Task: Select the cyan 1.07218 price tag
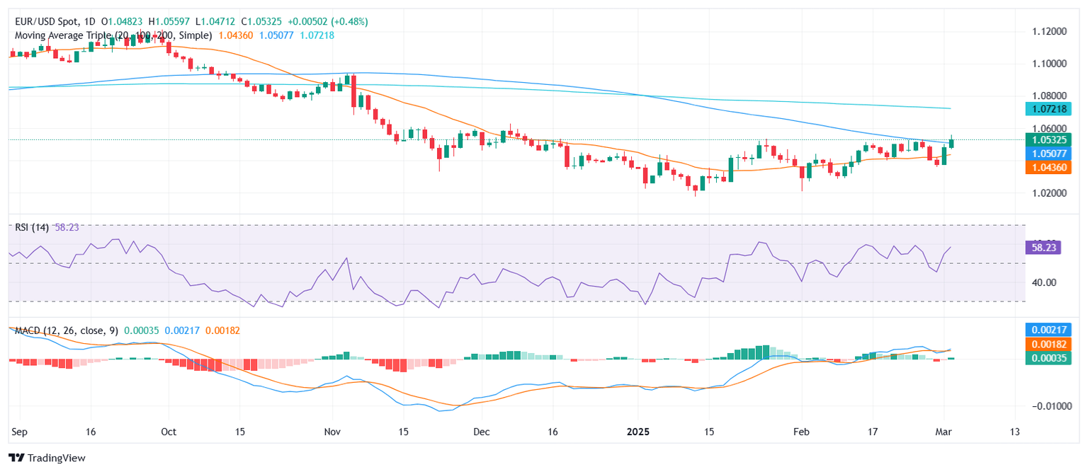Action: coord(1048,108)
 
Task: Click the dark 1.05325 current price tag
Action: coord(1048,139)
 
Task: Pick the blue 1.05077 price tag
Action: coord(1048,153)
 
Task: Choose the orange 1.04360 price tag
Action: coord(1048,167)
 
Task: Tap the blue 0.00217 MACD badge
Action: coord(1048,329)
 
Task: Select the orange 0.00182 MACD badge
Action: coord(1048,344)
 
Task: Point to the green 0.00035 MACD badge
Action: coord(1048,358)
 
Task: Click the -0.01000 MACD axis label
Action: coord(1046,406)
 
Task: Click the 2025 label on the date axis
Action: coord(638,432)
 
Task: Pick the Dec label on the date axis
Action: coord(481,432)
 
